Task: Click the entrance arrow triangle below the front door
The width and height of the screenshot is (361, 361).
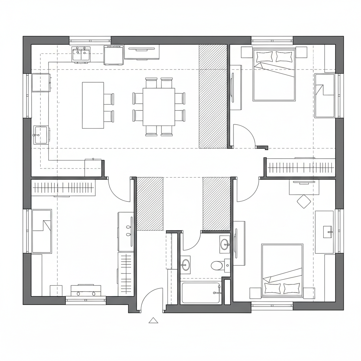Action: (153, 320)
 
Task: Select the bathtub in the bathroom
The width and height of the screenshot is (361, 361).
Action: (201, 293)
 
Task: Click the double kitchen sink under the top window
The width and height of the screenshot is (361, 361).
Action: (81, 55)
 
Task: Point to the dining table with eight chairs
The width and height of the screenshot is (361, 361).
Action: (159, 107)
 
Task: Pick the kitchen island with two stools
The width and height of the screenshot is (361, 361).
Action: (93, 105)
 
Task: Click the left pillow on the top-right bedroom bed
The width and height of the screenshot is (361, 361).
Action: (264, 56)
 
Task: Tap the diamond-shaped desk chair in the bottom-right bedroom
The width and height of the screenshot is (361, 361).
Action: (304, 202)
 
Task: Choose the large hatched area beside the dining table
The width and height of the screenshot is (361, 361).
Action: (213, 96)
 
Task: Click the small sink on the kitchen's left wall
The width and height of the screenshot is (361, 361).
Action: (41, 135)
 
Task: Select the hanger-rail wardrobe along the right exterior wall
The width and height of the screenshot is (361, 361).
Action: (300, 167)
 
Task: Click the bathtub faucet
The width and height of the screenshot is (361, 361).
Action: (216, 292)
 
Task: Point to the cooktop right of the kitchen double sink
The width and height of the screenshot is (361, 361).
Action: (114, 56)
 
